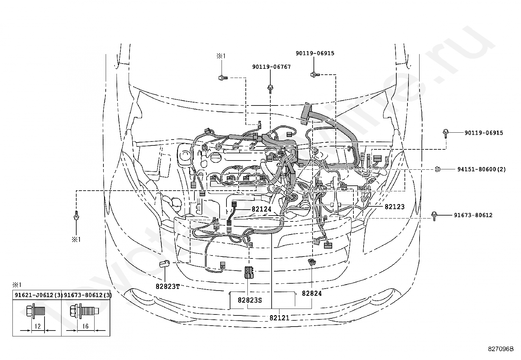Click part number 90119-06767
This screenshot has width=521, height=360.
[x=271, y=67]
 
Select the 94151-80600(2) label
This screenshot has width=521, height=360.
[x=482, y=169]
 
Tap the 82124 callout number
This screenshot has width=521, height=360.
[x=261, y=209]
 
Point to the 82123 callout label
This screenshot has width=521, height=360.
[x=394, y=207]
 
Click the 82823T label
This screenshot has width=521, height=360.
[x=168, y=286]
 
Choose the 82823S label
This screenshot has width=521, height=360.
[x=250, y=300]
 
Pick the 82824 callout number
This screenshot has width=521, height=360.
[x=312, y=294]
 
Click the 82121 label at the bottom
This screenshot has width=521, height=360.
[x=279, y=318]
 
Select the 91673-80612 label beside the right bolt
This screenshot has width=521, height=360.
[x=473, y=215]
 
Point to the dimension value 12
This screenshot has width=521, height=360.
[x=37, y=326]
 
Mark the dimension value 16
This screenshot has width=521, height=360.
[x=85, y=326]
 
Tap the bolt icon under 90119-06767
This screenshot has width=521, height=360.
[x=270, y=89]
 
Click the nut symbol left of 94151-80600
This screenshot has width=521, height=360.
[x=438, y=169]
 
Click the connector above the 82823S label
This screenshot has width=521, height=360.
[x=249, y=272]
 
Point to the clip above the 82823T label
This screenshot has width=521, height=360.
[x=164, y=264]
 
